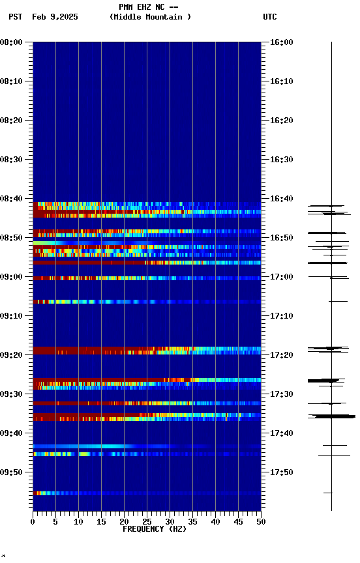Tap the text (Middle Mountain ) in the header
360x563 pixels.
(x=151, y=17)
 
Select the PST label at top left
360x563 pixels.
(x=16, y=17)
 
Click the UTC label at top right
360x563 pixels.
(x=270, y=17)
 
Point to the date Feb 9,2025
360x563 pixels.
(x=55, y=17)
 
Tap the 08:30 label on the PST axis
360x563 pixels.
(x=12, y=160)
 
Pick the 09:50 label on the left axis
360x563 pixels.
(x=12, y=472)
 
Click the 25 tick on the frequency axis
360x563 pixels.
(x=147, y=522)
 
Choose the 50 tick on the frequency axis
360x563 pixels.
(x=261, y=522)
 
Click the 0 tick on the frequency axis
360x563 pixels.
(x=33, y=522)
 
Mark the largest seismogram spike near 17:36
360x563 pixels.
(x=333, y=416)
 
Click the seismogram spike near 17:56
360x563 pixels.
(x=328, y=493)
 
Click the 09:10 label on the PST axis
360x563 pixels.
(x=12, y=316)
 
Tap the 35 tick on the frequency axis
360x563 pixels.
(x=192, y=522)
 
